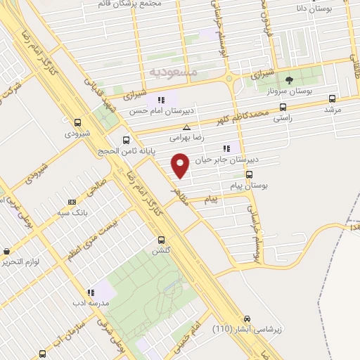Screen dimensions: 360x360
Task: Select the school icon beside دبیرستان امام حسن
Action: tap(161, 99)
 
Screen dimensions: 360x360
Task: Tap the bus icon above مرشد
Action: tap(332, 98)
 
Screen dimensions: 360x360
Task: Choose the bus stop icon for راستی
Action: tap(283, 108)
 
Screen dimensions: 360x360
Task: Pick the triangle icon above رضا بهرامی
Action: tap(186, 127)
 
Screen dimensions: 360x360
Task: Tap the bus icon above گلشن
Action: tap(161, 239)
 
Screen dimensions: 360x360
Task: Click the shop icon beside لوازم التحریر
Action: tap(6, 251)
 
